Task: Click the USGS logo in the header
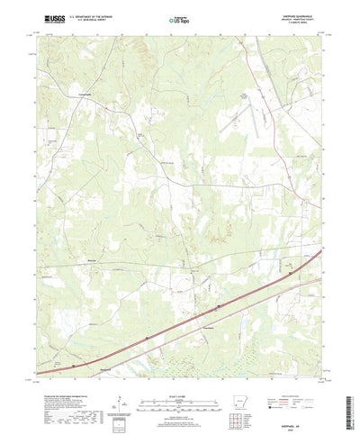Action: coord(42,16)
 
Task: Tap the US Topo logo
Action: coord(178,16)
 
